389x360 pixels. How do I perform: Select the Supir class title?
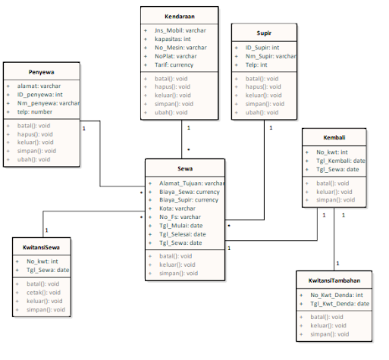[265, 33]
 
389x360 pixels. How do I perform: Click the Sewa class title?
[184, 168]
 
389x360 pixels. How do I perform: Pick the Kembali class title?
[335, 137]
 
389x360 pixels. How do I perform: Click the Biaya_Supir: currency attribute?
[189, 200]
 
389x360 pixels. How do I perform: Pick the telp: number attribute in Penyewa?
[35, 112]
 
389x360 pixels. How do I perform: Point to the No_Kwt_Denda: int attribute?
[337, 295]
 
